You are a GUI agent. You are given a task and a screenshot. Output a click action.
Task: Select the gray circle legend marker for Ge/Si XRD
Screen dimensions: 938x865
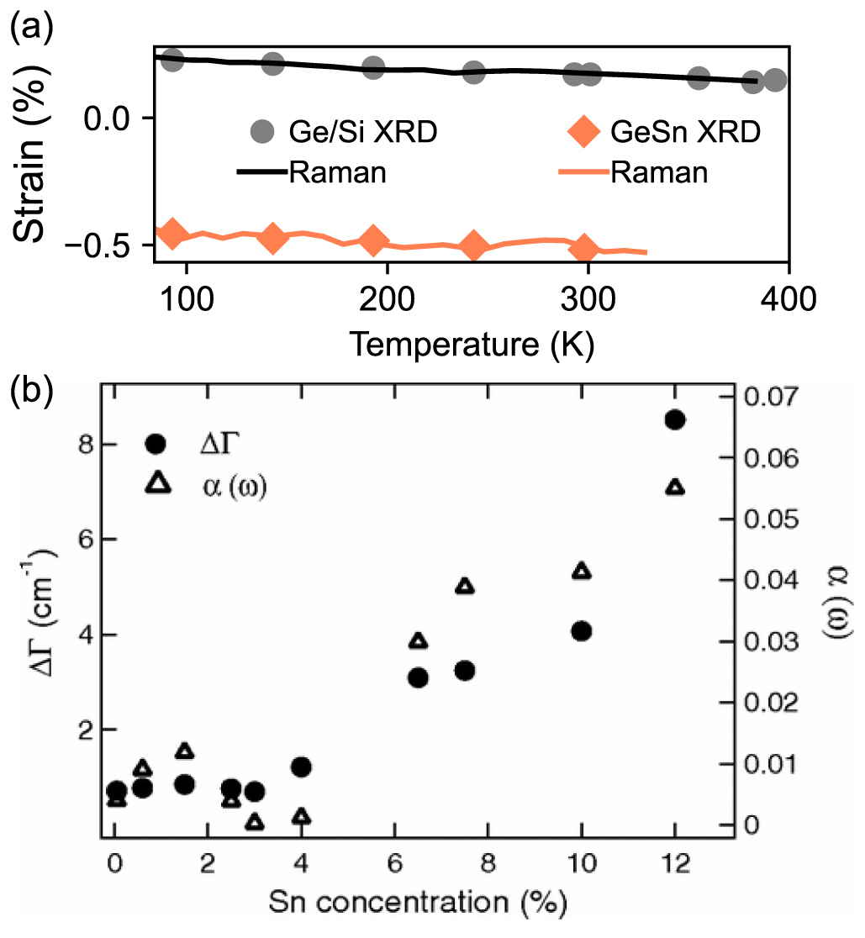coord(263,132)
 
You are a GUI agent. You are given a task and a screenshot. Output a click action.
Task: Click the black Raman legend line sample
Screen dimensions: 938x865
coord(263,172)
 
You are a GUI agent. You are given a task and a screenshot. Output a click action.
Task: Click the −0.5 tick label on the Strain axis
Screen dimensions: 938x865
coord(108,245)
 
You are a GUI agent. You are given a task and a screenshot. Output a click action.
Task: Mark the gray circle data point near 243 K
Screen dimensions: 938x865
coord(474,73)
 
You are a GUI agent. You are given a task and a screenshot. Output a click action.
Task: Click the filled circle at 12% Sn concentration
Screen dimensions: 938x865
coord(674,420)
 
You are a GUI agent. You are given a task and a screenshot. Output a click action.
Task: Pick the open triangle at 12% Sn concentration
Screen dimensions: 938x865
coord(674,487)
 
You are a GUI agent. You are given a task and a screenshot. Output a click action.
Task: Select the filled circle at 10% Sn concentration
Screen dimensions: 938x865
coord(581,631)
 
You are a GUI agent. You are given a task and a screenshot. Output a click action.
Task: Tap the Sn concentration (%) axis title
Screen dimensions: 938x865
coord(417,906)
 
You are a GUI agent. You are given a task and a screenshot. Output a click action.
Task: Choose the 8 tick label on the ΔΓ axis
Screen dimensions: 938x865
coord(84,445)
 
